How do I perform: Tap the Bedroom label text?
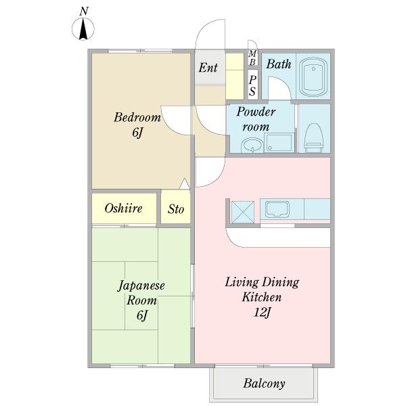coord(137,117)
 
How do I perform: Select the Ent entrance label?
coord(208,68)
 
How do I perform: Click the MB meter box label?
coord(252,58)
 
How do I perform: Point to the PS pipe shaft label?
coord(252,86)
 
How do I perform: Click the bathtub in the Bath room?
coord(313,76)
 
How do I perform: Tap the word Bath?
coord(279,64)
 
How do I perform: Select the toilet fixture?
coord(314,138)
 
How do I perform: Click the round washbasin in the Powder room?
coord(252,145)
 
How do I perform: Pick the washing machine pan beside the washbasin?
coord(279,143)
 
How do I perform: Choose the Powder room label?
coord(256,119)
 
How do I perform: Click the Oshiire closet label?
coord(124,208)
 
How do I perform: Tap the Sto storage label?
coord(176,209)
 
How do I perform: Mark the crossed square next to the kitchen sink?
coord(243,212)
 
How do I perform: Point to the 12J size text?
coord(262,313)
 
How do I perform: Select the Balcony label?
coord(264,384)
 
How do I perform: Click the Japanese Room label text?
coord(141,293)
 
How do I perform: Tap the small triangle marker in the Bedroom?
coord(185,184)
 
